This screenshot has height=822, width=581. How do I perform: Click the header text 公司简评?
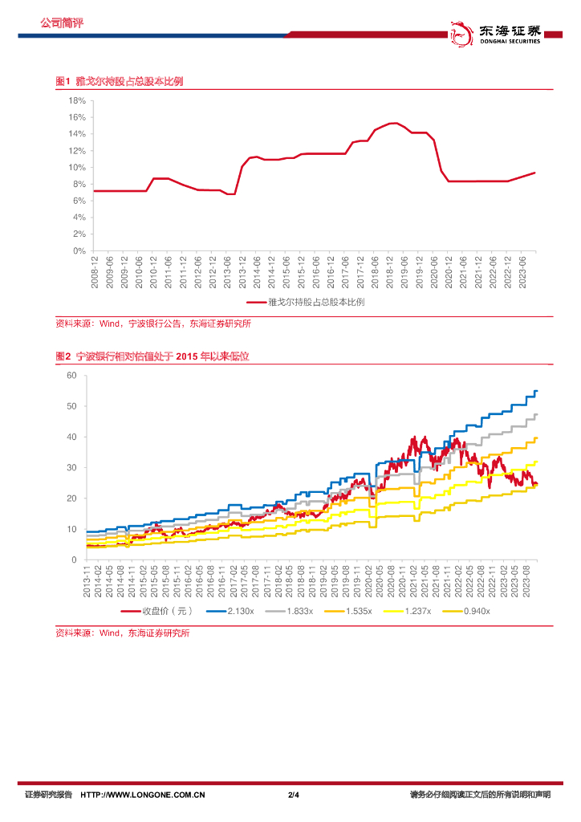(x=62, y=23)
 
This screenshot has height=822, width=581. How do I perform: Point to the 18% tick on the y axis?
(x=77, y=101)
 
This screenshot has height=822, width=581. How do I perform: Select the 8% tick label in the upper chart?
(x=79, y=184)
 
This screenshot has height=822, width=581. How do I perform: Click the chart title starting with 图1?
(x=119, y=82)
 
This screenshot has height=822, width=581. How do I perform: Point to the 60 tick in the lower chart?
(x=71, y=376)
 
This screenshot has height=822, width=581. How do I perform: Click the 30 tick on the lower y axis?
(x=71, y=468)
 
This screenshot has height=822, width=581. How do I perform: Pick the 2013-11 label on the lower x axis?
(x=87, y=581)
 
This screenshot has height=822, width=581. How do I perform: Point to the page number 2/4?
(x=293, y=795)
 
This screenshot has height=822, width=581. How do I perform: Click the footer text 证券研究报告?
(x=48, y=795)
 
